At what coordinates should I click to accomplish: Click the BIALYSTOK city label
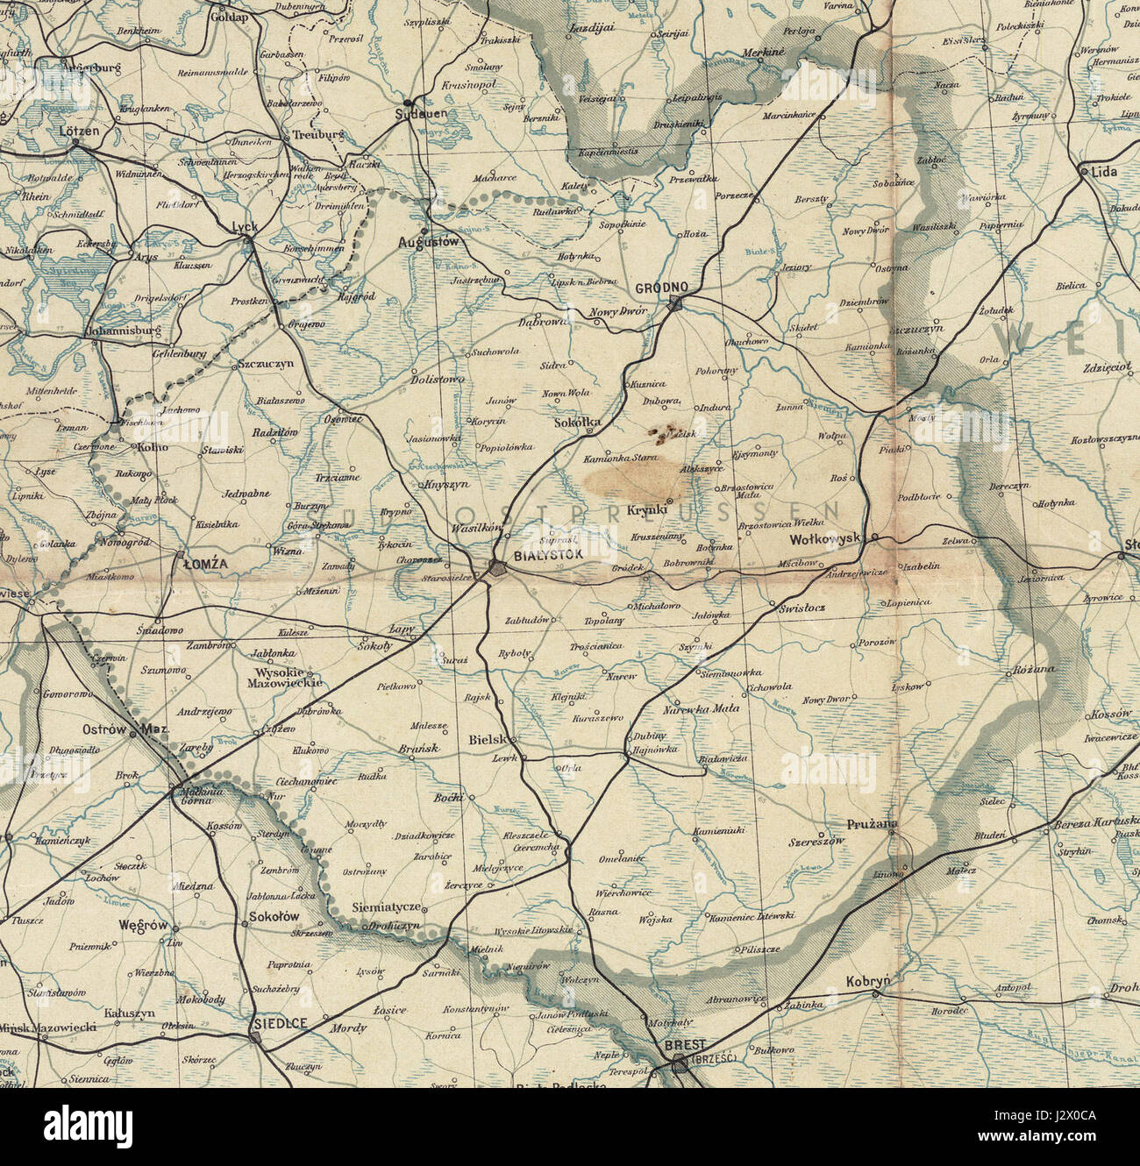click(x=549, y=556)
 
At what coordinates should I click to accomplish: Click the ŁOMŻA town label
click(x=205, y=565)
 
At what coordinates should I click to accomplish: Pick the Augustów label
click(x=428, y=241)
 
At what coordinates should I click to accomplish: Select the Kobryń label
click(x=869, y=982)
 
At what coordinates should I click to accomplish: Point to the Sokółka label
click(x=579, y=423)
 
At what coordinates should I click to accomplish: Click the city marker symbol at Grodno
click(x=675, y=303)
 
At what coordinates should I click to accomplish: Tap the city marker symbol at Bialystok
click(x=497, y=568)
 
